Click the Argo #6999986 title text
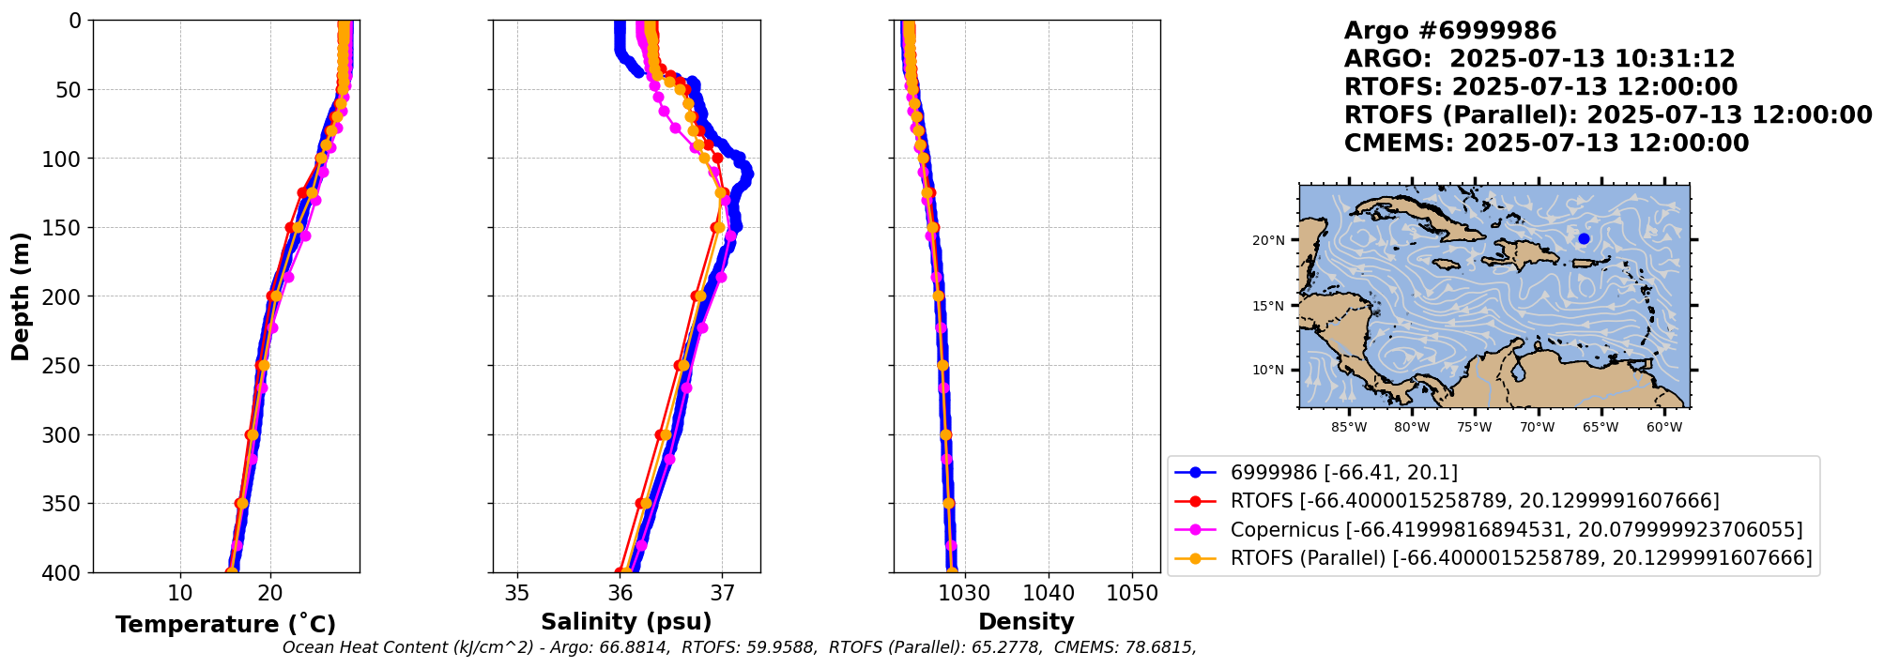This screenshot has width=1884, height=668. tap(1450, 31)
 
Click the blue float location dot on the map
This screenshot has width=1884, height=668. tap(1584, 238)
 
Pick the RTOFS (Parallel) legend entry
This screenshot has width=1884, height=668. tap(1521, 558)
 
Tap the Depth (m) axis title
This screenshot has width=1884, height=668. tap(21, 296)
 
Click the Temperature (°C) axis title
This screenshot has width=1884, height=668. tap(225, 625)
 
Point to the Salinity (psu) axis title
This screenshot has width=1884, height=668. tap(626, 622)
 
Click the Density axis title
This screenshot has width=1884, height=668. tap(1026, 622)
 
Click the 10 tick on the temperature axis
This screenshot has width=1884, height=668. tap(180, 594)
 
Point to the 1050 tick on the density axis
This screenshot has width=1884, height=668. tap(1132, 594)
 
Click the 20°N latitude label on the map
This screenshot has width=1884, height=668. tap(1268, 241)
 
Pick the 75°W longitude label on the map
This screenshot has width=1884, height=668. tap(1475, 428)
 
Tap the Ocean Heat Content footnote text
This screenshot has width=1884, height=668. tap(739, 647)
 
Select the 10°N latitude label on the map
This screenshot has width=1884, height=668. tap(1268, 371)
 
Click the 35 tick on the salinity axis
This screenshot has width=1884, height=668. tap(517, 594)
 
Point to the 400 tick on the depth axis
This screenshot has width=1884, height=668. tap(65, 572)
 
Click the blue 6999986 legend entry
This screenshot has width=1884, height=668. tap(1344, 473)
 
